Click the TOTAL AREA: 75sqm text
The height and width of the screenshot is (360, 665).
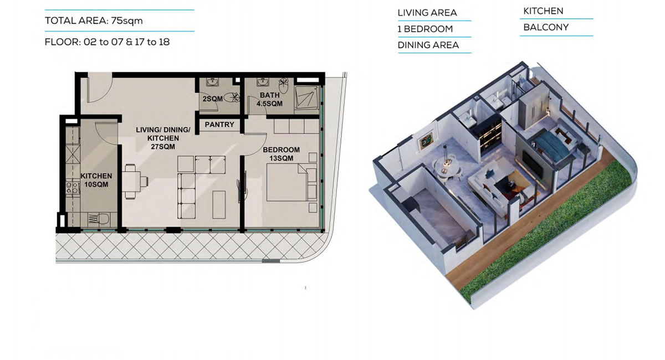(94, 21)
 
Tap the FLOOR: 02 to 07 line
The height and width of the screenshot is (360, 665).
(107, 42)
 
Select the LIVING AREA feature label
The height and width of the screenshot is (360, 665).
(427, 13)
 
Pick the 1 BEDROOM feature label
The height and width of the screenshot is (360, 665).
(425, 29)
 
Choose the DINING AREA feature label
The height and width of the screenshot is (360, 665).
(428, 45)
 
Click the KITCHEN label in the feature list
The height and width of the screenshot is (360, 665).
(543, 11)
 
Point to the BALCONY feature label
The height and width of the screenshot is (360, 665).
(546, 27)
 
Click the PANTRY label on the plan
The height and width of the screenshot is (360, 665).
(219, 125)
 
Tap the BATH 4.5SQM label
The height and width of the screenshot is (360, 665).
(269, 100)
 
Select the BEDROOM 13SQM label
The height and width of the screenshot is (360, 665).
(281, 154)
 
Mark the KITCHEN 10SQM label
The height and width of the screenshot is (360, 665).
(96, 180)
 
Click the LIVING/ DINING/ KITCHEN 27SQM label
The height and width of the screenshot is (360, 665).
(163, 138)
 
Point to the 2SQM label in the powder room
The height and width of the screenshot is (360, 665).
(213, 99)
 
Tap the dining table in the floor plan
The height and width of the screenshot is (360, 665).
(131, 181)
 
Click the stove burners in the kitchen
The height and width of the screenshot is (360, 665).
(73, 188)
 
